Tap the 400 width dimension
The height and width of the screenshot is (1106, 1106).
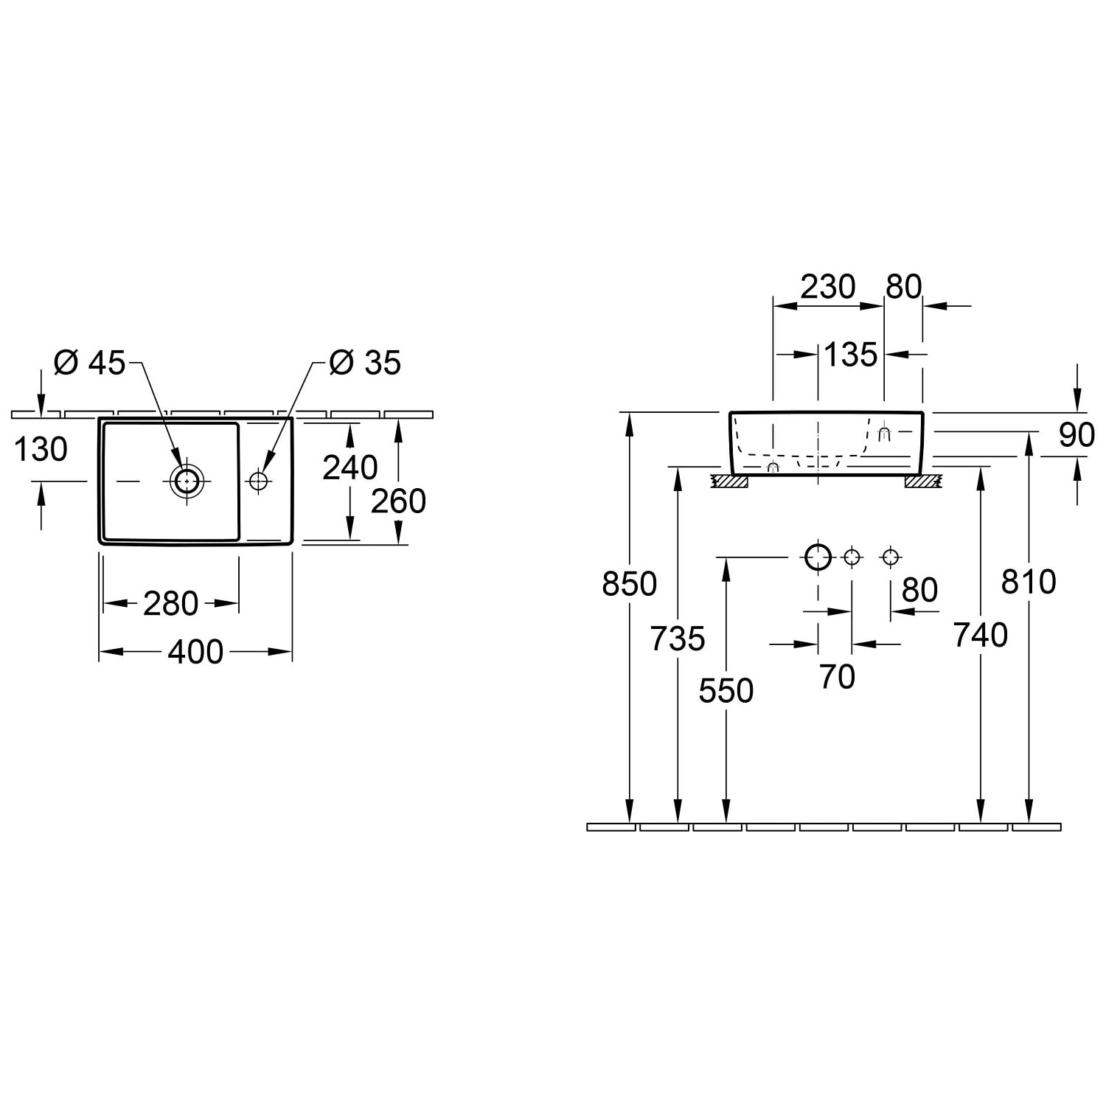coord(195,652)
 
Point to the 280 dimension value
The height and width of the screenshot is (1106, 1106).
coord(171,604)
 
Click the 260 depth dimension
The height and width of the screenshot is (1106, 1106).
coord(398,501)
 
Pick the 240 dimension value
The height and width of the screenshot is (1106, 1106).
coord(350,467)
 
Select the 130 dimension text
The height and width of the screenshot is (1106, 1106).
coord(41,449)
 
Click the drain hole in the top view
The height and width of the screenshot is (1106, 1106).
coord(187,481)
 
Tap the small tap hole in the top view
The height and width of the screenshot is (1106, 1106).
coord(258,481)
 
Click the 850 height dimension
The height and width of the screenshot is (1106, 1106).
coord(630,584)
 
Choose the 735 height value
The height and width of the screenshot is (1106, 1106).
coord(678,639)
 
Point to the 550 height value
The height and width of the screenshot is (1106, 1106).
coord(726,691)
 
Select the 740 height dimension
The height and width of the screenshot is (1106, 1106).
coord(981,635)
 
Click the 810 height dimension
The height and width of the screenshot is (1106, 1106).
coord(1029,582)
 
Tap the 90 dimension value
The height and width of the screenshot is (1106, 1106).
coord(1077,436)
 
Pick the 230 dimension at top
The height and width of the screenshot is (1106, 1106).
coord(828,287)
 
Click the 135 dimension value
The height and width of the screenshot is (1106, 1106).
coord(851,355)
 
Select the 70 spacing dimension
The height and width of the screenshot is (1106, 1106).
coord(837,677)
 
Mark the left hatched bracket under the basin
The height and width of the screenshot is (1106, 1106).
coord(729,481)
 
